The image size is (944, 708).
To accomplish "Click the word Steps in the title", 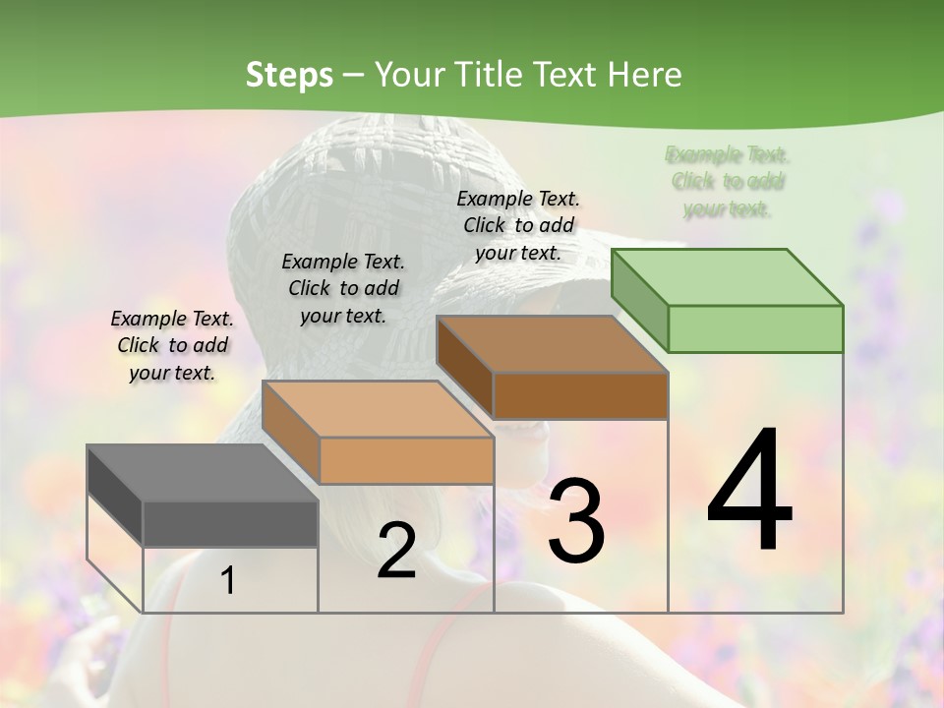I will [289, 75].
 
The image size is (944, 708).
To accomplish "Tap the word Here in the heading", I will [645, 75].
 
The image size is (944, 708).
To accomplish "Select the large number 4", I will [749, 493].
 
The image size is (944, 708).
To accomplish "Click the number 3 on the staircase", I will [575, 520].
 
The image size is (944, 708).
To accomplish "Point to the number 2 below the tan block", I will [396, 552].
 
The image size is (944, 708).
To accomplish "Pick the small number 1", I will [227, 580].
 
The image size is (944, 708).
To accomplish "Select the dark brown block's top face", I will [552, 344].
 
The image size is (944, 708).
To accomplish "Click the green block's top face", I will [727, 277].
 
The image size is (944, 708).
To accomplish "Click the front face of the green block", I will [755, 328].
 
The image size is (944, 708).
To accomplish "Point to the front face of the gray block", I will [230, 523].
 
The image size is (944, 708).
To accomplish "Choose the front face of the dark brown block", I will [580, 395].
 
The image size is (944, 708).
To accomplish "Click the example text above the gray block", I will [172, 345].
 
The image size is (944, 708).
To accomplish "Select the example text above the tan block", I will [343, 288].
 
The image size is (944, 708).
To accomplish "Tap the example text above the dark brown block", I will [518, 225].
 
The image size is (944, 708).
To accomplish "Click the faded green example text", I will [728, 182].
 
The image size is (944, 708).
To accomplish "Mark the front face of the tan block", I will [406, 460].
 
